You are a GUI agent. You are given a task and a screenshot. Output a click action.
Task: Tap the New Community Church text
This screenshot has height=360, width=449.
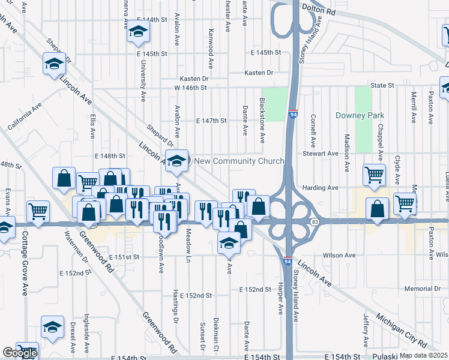[239, 161]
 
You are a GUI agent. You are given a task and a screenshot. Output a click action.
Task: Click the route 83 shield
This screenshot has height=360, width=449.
[315, 222]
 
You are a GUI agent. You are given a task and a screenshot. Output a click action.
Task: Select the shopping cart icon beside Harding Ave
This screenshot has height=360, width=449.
[374, 175]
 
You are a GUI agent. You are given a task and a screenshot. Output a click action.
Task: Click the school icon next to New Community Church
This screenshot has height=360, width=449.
[176, 160]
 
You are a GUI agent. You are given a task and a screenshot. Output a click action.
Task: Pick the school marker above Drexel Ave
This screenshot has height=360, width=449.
[53, 327]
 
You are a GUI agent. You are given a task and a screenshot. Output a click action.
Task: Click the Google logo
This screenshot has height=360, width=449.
[19, 353]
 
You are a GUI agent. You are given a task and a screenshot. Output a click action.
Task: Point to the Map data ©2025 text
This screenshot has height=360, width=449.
[423, 355]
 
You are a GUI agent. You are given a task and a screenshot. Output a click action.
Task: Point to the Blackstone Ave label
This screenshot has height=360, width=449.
[262, 121]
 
